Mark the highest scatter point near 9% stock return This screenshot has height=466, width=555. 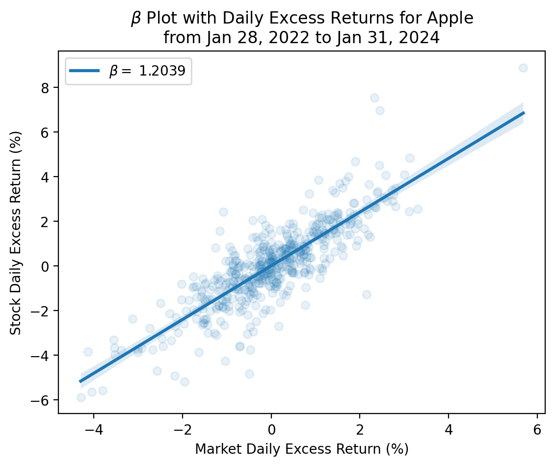point(523,68)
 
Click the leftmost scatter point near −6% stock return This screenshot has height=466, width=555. point(81,397)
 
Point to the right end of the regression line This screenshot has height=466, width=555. point(524,113)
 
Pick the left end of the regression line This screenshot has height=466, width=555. point(80,381)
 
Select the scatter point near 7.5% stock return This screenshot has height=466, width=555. point(374,98)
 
